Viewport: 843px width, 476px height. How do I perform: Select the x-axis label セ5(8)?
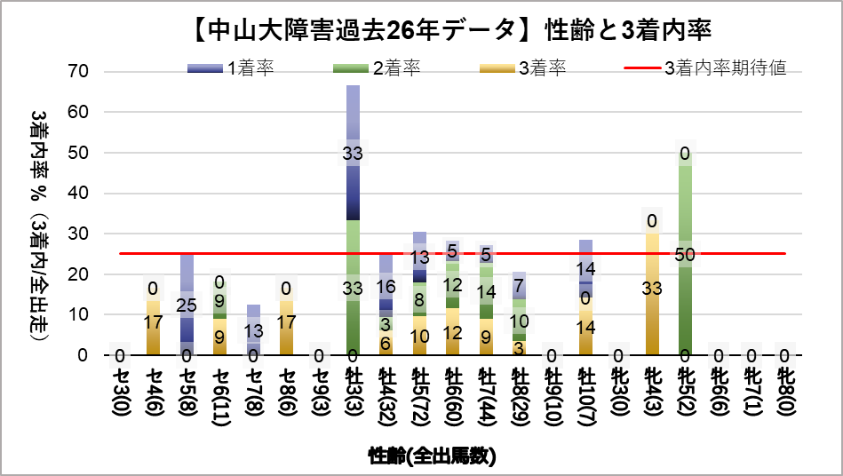187,395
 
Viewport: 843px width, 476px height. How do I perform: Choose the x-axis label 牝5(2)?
684,395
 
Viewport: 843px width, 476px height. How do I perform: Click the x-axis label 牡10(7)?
585,400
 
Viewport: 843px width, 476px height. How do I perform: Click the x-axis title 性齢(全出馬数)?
432,456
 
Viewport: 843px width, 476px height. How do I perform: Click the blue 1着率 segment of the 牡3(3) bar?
353,186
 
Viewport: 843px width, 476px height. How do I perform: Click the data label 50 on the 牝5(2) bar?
684,255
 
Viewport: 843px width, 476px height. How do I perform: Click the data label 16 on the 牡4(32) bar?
386,287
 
